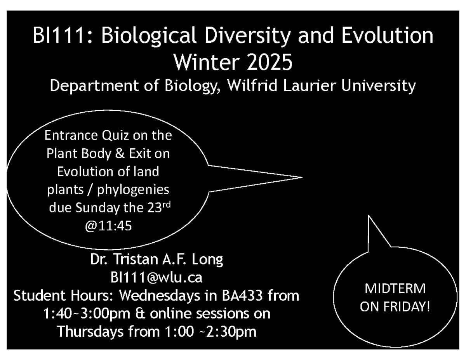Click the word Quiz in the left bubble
[115, 136]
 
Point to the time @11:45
[108, 226]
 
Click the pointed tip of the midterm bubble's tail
[369, 216]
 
